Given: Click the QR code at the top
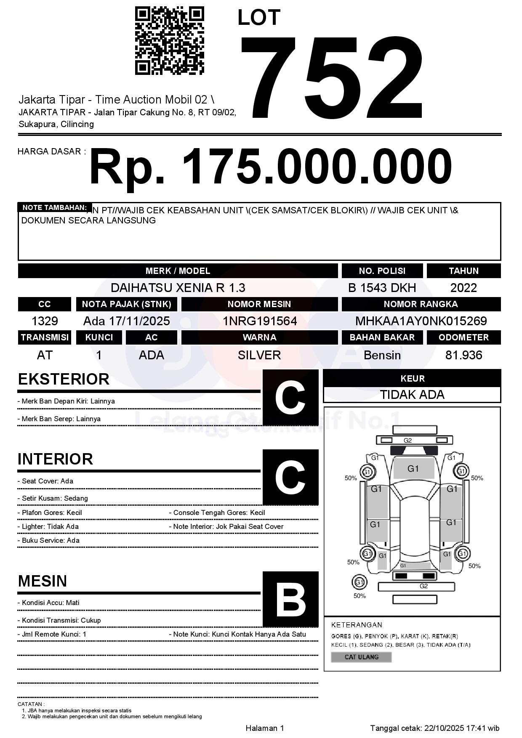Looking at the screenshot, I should (169, 41).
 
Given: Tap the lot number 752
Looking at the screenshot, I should (332, 77).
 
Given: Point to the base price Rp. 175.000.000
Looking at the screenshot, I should (270, 167).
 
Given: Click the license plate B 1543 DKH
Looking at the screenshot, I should (382, 288).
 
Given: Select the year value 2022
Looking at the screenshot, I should (463, 288).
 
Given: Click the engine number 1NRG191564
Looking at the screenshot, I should (259, 321).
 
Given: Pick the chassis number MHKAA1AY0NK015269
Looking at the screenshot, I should (421, 321).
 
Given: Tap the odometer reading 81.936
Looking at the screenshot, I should (463, 356).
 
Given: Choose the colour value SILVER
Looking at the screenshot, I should (259, 356).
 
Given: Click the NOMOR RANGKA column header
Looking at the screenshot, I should (421, 304).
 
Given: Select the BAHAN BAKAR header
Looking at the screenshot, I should (382, 337).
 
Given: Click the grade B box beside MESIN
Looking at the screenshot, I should (290, 599).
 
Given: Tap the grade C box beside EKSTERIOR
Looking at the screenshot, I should (290, 397).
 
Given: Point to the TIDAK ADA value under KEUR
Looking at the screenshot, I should (412, 395).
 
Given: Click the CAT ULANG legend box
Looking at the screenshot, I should (361, 657).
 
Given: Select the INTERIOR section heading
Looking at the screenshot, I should (55, 459).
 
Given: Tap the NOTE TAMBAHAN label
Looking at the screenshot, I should (54, 207).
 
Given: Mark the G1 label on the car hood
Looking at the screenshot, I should (413, 469).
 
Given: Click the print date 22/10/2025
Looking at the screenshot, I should (444, 728).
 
